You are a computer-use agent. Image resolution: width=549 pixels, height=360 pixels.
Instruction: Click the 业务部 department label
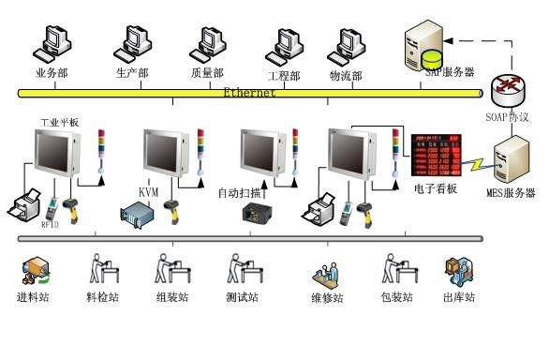[52, 73]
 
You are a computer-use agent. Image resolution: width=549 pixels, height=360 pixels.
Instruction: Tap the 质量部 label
[207, 73]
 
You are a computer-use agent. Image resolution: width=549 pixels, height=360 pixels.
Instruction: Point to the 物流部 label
[346, 74]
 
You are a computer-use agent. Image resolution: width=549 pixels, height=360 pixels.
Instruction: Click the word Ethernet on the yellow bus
[250, 93]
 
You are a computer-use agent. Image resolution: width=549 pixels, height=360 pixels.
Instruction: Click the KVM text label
[149, 191]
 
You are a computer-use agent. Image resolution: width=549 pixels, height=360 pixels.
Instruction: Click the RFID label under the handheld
[51, 225]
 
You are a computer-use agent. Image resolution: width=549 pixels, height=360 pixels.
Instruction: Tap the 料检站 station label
[102, 298]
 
